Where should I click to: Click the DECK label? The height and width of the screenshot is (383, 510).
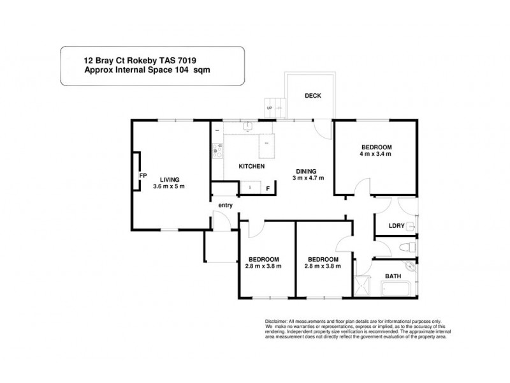click(312, 96)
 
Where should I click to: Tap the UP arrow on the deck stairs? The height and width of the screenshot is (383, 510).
click(269, 108)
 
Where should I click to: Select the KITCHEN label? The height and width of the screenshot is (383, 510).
click(251, 167)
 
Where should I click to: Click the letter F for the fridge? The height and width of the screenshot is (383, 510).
click(268, 188)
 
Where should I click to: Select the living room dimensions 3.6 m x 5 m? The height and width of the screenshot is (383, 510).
click(170, 186)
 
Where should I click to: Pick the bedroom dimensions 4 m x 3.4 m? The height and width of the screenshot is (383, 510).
click(375, 154)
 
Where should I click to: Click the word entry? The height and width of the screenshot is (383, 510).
click(226, 205)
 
